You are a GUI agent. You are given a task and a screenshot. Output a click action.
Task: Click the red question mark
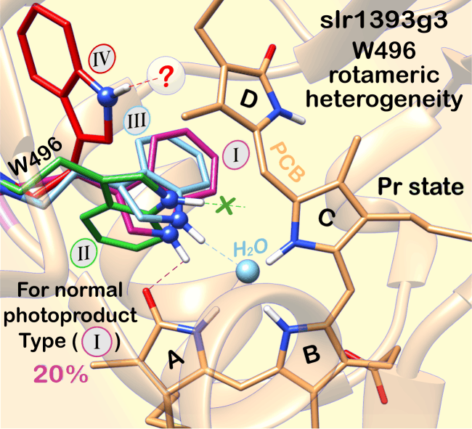(x=166, y=77)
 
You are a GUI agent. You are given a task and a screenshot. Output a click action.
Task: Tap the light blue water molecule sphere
(x=248, y=271)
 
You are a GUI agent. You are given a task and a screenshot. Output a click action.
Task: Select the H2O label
(x=250, y=248)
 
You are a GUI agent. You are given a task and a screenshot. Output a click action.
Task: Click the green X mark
(x=225, y=205)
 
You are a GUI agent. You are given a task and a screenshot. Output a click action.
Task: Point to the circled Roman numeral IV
(x=102, y=59)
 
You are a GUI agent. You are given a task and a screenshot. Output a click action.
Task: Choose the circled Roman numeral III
(x=137, y=120)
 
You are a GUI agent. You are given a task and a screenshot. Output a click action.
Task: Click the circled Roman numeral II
(x=84, y=253)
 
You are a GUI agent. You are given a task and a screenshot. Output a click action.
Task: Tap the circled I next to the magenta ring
(x=236, y=155)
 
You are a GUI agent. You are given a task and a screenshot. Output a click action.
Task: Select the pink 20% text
(x=61, y=374)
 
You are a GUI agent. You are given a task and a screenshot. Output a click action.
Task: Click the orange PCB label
(x=287, y=162)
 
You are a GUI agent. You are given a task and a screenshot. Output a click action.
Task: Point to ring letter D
(x=249, y=99)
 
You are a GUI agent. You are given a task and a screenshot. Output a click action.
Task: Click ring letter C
(x=327, y=218)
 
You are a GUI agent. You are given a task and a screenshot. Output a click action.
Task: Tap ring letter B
(x=312, y=354)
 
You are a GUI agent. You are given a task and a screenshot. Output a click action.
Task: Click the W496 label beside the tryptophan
(x=36, y=157)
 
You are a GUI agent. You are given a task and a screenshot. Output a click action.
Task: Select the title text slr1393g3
(x=384, y=20)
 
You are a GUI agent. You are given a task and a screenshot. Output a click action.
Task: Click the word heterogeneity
(x=384, y=99)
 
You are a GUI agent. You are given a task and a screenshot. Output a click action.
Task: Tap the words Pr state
(x=420, y=187)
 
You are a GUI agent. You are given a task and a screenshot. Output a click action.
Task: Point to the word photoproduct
(x=70, y=316)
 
